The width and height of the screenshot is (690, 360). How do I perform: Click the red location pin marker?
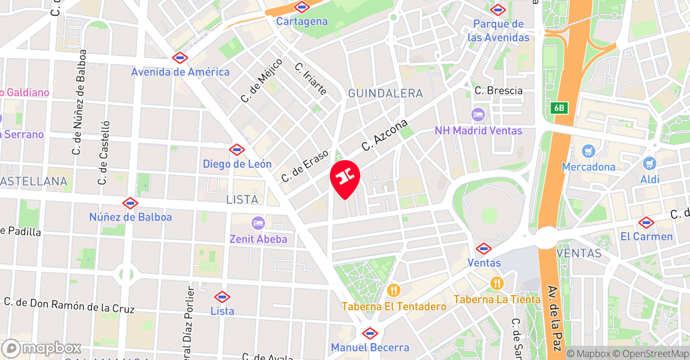click(344, 177)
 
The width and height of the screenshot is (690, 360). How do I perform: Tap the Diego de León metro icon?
click(237, 150)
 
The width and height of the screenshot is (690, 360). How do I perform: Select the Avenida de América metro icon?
click(180, 58)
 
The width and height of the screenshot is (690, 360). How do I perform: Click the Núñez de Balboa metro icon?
click(130, 203)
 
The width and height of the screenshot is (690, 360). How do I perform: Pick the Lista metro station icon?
click(222, 297)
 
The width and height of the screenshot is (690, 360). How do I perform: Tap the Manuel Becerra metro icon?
click(370, 333)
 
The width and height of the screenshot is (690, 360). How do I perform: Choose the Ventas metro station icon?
click(484, 248)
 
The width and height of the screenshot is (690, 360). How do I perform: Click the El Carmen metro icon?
click(646, 223)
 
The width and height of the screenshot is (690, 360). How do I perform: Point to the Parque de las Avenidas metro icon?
click(498, 10)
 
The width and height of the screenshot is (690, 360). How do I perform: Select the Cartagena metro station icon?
click(302, 7)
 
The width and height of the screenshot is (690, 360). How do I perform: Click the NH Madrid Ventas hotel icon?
click(478, 115)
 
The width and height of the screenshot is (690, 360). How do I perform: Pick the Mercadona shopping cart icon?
click(588, 151)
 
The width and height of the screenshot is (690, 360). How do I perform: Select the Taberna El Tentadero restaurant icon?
click(394, 290)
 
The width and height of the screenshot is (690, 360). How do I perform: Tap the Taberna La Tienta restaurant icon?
click(496, 283)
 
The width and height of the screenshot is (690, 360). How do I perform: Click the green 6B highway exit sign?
click(559, 108)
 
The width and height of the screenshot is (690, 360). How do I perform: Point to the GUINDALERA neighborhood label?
click(385, 93)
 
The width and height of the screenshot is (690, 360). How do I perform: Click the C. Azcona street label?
click(384, 135)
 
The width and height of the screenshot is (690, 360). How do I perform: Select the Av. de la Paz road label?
click(553, 318)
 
